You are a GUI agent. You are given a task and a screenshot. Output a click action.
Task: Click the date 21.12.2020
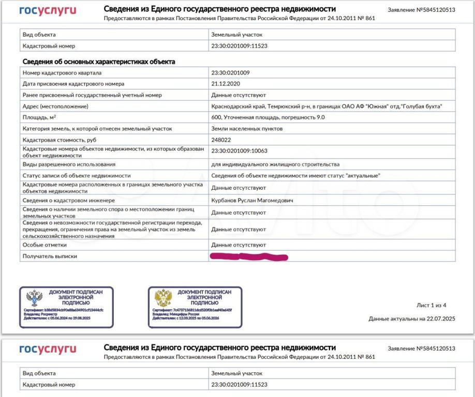[x=226, y=84]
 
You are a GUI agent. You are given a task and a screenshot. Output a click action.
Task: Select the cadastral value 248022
[x=221, y=140]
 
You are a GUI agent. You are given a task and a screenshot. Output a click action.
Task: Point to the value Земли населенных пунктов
[x=247, y=128]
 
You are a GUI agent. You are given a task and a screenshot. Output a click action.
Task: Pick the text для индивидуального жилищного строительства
[x=275, y=164]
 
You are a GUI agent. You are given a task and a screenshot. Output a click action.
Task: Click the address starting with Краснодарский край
[x=326, y=106]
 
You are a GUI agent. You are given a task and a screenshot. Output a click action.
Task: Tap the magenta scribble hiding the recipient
[x=249, y=256]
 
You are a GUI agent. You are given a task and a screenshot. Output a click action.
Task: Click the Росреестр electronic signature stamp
[x=66, y=307]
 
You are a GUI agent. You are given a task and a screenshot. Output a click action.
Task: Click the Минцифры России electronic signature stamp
[x=195, y=307]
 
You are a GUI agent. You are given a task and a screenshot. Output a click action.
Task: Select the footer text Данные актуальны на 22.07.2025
[x=411, y=318]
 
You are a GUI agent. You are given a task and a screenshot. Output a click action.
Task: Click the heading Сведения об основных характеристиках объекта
[x=99, y=62]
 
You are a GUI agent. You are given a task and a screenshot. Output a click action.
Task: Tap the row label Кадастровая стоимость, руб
[x=60, y=140]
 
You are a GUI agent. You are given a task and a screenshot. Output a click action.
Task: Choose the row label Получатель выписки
[x=50, y=256]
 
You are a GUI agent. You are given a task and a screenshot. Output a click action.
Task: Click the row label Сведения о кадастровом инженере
[x=68, y=200]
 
